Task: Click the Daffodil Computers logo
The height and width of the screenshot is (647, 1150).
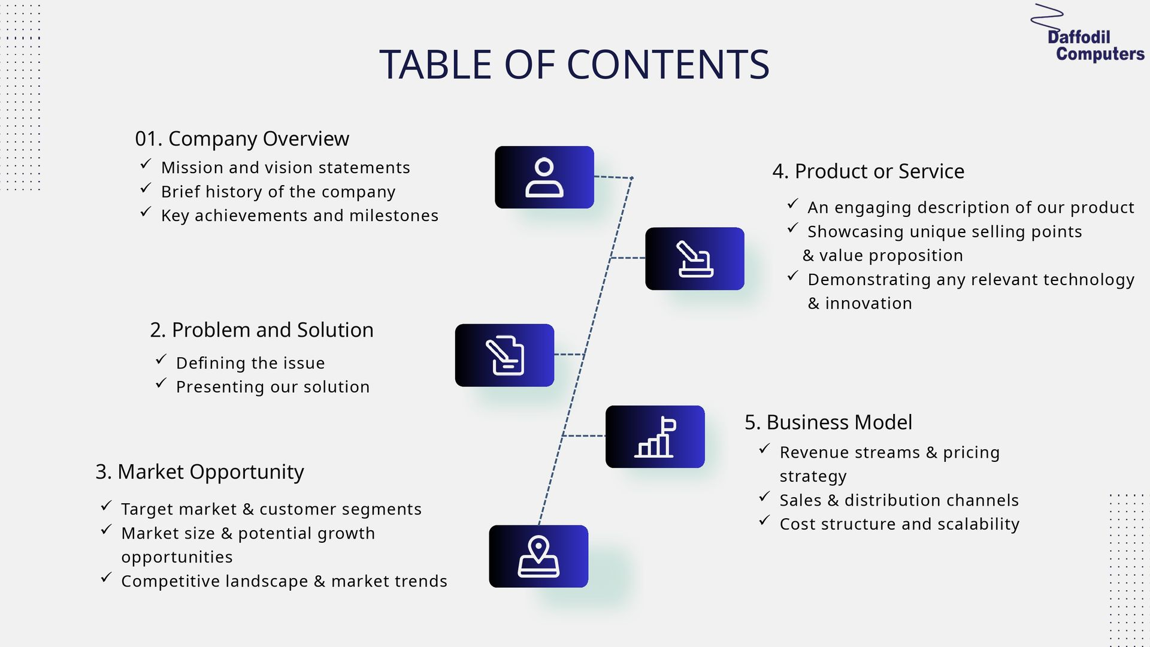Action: (1087, 34)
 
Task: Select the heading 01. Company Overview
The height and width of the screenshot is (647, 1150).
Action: (242, 139)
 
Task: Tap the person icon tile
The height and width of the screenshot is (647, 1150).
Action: (544, 177)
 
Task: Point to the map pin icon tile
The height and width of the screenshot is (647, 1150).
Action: (538, 557)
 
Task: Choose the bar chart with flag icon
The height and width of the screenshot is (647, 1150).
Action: (655, 437)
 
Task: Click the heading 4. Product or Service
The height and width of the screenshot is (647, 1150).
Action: (868, 171)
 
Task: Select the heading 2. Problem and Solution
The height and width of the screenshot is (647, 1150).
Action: (262, 330)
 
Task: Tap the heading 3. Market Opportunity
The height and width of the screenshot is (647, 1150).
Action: (199, 472)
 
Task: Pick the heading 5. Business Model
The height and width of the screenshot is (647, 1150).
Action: (828, 422)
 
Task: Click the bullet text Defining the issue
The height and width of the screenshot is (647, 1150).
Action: (250, 363)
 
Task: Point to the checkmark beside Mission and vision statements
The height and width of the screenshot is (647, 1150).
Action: (146, 164)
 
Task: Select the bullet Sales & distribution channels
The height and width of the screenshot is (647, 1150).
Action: (899, 500)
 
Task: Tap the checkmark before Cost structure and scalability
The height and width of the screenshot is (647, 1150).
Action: (764, 521)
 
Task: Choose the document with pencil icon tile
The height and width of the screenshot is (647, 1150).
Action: (504, 355)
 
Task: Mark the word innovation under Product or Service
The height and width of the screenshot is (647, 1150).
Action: (868, 304)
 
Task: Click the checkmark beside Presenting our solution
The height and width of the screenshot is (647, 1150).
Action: (161, 383)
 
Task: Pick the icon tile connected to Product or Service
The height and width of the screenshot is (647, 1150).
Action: (695, 259)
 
